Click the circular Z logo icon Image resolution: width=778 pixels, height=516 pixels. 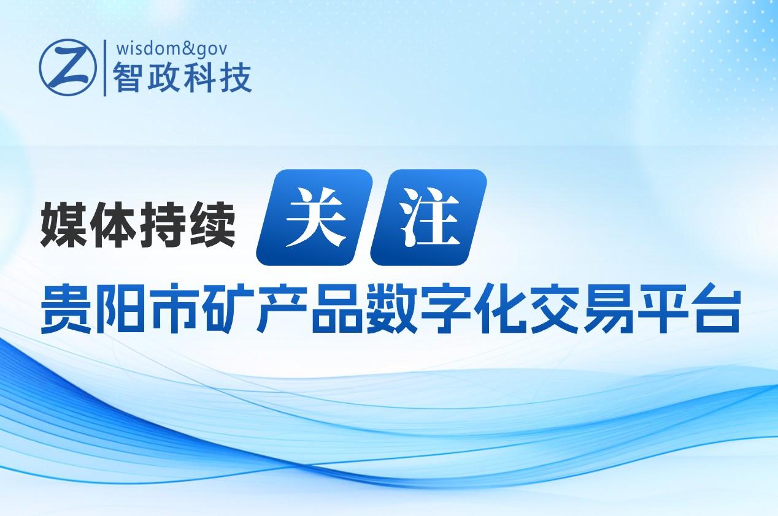(x=67, y=67)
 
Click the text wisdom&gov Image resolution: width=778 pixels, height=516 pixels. (x=172, y=49)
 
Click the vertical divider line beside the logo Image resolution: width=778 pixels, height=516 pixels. (x=105, y=68)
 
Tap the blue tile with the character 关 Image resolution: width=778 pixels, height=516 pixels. (x=314, y=217)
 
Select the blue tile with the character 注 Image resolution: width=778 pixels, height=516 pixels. (x=429, y=217)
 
